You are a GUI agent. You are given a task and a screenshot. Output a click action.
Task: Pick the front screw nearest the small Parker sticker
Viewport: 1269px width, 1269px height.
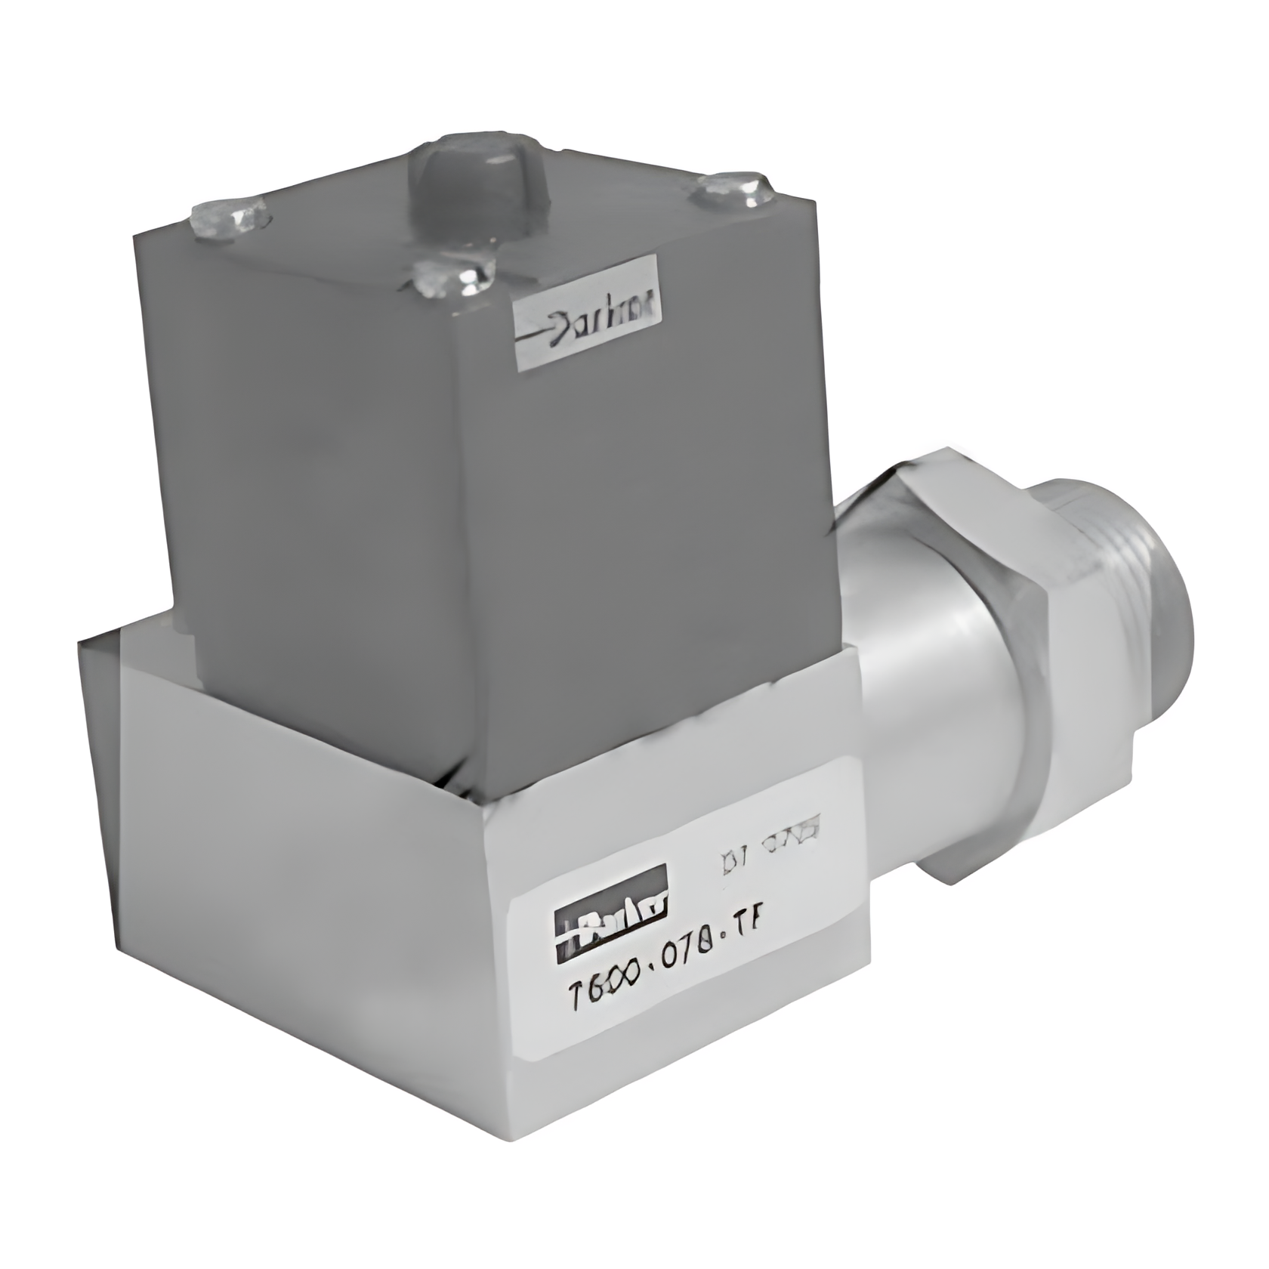pos(454,277)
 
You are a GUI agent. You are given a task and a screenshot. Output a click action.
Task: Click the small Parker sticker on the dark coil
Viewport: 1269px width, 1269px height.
pos(588,313)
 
